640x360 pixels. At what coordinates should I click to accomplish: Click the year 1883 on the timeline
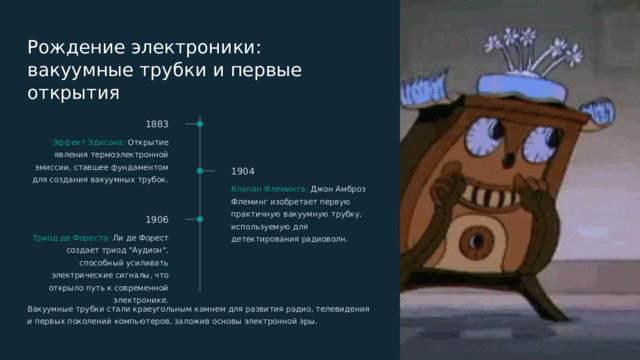pos(156,124)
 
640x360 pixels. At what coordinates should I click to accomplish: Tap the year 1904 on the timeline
pos(242,171)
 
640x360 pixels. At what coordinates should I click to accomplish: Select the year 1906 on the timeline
pos(156,219)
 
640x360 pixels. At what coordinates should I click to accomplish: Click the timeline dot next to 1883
pos(200,124)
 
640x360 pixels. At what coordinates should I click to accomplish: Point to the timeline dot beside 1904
pos(200,171)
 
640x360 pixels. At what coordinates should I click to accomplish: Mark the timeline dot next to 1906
pos(200,219)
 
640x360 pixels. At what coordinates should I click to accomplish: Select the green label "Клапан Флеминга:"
pos(269,188)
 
